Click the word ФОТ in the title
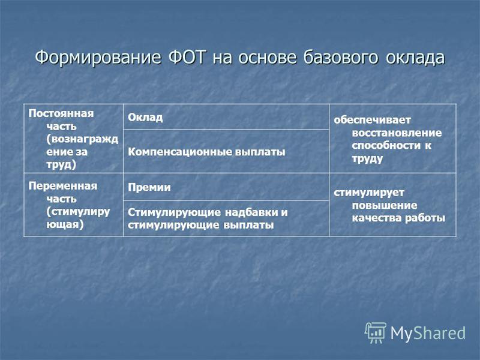[x=187, y=57]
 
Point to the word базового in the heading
[x=340, y=57]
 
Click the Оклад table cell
[x=226, y=117]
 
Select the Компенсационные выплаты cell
[x=226, y=152]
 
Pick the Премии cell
[x=226, y=187]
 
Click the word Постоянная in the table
[x=61, y=113]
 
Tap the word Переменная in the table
[x=63, y=186]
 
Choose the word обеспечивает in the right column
[x=372, y=119]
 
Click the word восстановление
[x=397, y=133]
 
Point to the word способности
[x=386, y=145]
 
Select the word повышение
[x=385, y=205]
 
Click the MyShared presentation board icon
[x=376, y=333]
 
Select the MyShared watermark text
[x=428, y=334]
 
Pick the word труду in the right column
[x=367, y=158]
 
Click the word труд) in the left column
[x=61, y=164]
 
